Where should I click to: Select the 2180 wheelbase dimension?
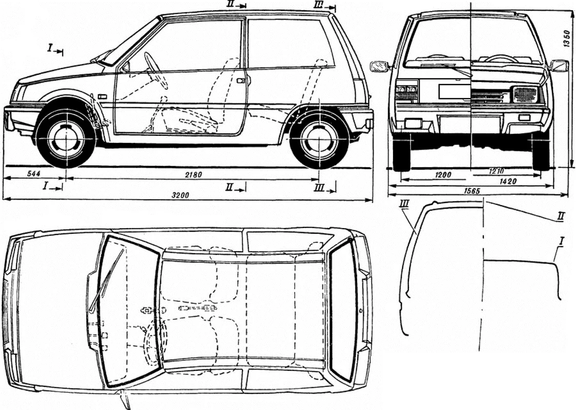pos(193,175)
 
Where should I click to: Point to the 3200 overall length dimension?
pos(180,195)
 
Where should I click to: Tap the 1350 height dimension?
pos(567,38)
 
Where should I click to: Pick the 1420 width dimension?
pos(508,181)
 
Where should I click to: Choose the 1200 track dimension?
pos(443,175)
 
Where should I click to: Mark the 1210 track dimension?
pos(496,171)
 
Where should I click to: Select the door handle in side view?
pos(241,81)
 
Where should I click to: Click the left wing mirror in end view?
pos(379,67)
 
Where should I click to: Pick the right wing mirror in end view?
pos(560,66)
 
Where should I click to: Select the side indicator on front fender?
pos(102,97)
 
